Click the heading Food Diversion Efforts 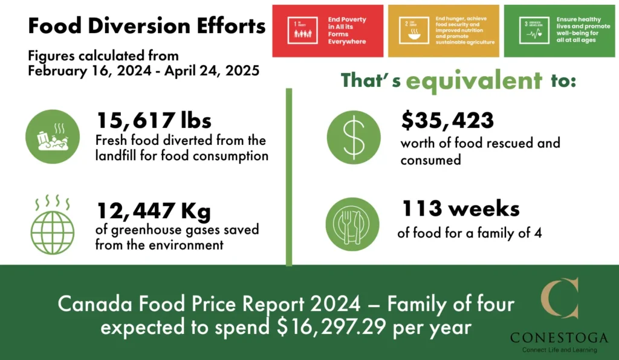(x=147, y=27)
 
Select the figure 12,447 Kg (x=154, y=211)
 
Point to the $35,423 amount (x=447, y=120)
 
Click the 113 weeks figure (x=461, y=208)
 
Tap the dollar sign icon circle (x=354, y=137)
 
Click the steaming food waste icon (x=53, y=136)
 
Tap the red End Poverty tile (x=328, y=31)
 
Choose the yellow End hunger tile (x=443, y=31)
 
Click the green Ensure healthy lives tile (x=560, y=31)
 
